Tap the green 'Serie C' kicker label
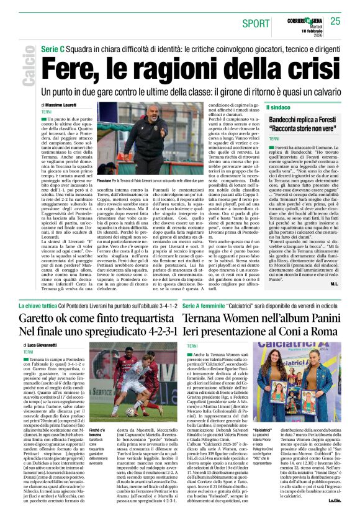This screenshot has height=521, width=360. [x=53, y=48]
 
